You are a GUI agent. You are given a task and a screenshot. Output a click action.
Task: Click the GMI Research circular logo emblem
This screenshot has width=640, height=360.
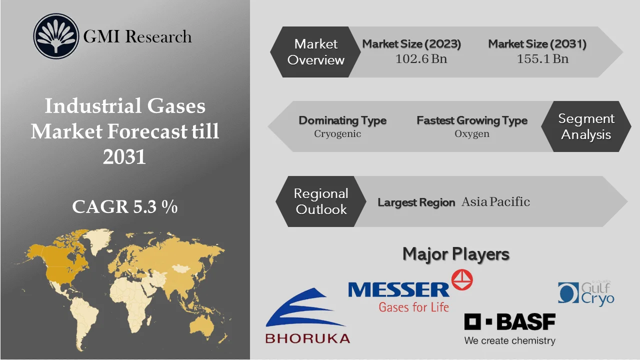tap(56, 36)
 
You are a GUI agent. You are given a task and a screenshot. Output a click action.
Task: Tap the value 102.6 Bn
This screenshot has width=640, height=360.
tap(421, 59)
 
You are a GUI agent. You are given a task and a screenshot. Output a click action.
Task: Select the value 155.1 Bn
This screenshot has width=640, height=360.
tap(542, 59)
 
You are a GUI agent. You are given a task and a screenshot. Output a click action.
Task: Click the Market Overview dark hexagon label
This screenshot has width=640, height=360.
tap(315, 52)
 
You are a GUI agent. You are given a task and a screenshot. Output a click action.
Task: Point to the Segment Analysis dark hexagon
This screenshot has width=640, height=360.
tap(586, 126)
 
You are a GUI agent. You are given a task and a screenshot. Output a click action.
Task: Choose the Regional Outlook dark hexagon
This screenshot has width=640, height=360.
tap(320, 201)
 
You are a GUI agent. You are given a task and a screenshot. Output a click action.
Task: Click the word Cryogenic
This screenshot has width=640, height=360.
tap(337, 134)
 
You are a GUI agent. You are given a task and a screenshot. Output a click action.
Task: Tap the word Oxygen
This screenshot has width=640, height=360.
tap(471, 134)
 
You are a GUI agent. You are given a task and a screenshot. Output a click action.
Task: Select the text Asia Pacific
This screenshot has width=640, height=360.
tap(495, 202)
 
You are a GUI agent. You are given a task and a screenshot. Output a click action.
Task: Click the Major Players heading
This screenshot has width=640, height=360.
tap(455, 254)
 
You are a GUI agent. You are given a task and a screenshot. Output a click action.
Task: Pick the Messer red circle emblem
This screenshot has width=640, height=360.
tap(461, 280)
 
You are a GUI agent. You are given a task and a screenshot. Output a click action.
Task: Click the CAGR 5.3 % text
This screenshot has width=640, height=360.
tap(124, 207)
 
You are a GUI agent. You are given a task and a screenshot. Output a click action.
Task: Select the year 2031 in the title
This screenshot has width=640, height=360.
tap(124, 157)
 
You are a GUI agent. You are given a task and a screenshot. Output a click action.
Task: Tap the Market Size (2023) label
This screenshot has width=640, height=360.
tap(411, 44)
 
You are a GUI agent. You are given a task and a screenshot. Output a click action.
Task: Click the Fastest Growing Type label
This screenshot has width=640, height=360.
tap(471, 120)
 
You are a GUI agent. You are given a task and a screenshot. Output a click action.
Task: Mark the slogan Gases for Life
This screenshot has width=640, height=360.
tap(413, 306)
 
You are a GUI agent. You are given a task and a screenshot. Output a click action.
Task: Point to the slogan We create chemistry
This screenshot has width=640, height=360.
tap(509, 341)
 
